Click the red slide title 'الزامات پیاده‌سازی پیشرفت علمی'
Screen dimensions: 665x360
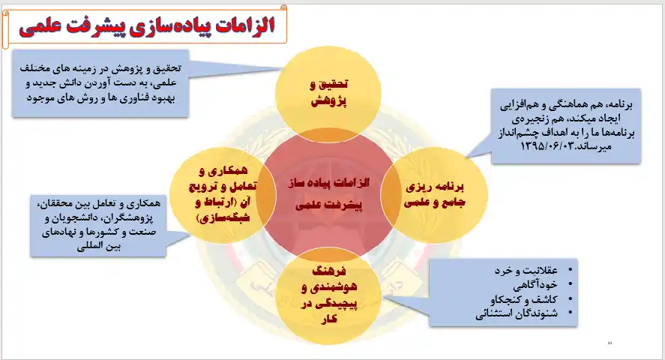(147, 25)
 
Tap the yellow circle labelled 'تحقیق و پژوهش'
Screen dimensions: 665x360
(328, 94)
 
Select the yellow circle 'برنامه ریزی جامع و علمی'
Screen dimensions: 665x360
(434, 195)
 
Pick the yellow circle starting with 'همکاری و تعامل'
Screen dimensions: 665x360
(223, 195)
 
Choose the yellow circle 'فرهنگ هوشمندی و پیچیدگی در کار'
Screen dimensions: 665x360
(328, 295)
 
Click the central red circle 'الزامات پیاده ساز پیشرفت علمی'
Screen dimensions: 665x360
(328, 194)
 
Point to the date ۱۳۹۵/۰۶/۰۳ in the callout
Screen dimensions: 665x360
(547, 146)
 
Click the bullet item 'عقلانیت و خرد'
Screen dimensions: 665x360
(526, 270)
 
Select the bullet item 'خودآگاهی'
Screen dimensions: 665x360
(535, 284)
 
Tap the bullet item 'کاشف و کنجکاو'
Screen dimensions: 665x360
(524, 299)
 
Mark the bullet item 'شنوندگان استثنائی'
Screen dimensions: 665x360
(517, 313)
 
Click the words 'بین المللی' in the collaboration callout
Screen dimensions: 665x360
(98, 246)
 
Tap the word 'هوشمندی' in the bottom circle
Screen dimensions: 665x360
(329, 287)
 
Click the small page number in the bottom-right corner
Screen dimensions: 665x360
(610, 343)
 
